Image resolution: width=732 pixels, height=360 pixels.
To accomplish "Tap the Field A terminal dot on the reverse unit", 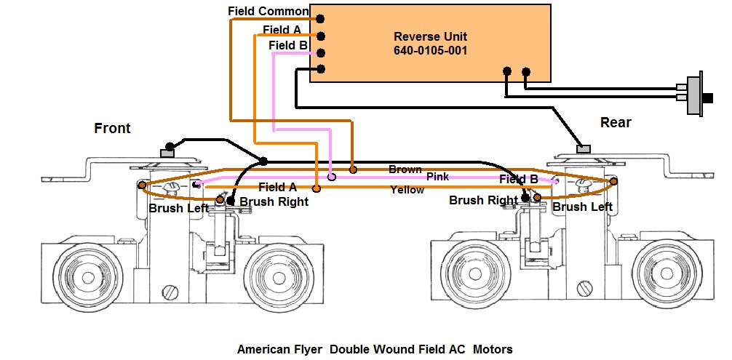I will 319,36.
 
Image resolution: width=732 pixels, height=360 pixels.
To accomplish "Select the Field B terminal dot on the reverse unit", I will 319,52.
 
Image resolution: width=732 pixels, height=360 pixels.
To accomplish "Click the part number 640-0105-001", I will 430,51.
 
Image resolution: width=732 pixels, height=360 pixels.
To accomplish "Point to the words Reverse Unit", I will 430,37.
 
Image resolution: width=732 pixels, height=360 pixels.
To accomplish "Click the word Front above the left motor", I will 113,129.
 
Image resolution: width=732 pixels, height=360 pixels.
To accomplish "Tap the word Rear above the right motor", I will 616,123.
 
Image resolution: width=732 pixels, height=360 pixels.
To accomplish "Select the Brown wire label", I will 405,169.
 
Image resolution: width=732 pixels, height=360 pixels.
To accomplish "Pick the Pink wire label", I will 438,177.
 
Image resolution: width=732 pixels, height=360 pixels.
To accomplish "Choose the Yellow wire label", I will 407,191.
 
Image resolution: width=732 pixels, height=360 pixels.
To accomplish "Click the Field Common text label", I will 268,12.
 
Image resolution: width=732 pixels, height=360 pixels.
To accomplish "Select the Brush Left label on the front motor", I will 179,208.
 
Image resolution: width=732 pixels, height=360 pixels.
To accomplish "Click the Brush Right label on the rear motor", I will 483,200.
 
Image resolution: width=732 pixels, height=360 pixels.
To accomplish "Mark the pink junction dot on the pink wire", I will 332,176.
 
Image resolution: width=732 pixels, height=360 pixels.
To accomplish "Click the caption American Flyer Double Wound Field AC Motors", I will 375,350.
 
